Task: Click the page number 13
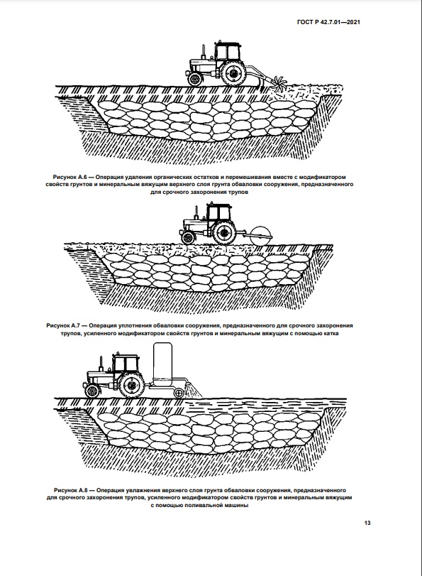367,523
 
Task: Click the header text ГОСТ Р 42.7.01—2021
328,22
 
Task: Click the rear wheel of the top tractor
233,72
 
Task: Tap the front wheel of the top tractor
194,79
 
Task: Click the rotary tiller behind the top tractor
278,82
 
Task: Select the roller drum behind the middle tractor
260,235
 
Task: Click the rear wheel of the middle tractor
224,233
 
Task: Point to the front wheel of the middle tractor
188,238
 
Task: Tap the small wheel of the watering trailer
179,393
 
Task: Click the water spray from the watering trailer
193,390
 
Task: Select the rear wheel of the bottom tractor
131,385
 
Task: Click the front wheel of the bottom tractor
91,391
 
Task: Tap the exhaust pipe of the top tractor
203,53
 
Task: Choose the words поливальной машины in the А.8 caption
221,506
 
